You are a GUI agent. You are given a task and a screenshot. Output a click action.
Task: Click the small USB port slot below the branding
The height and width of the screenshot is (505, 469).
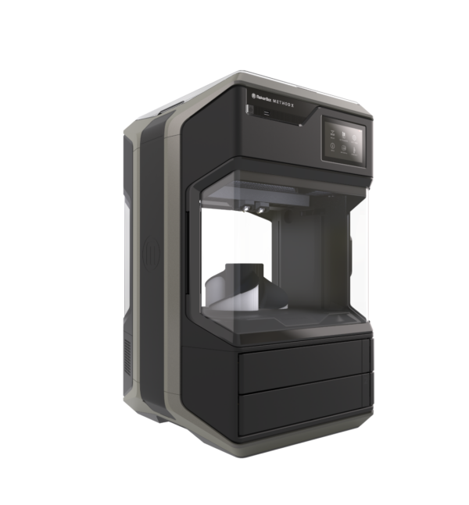coord(267,114)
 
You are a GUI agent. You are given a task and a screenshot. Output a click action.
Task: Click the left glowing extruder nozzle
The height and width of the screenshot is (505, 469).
coord(248,209)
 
